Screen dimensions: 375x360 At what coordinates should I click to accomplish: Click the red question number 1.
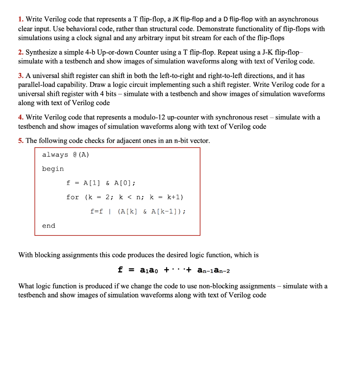[21, 19]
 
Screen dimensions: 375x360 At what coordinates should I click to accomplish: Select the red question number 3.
[21, 76]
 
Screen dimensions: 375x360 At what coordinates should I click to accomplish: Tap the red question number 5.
[21, 141]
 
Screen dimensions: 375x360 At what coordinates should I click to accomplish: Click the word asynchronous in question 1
[298, 19]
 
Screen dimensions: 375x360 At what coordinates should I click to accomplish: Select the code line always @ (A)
[66, 155]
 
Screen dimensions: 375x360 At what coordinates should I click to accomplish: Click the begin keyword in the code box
[53, 169]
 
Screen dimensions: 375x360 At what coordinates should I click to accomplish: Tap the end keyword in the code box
[48, 226]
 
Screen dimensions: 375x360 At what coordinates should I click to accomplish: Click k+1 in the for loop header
[175, 197]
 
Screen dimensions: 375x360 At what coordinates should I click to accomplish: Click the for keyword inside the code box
[73, 197]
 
